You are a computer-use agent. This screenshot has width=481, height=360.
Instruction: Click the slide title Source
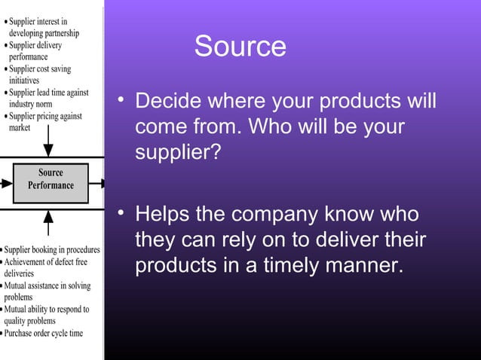point(240,47)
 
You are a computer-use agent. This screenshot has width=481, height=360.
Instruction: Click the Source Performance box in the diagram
point(51,179)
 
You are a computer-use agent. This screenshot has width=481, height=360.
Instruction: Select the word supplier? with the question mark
point(178,153)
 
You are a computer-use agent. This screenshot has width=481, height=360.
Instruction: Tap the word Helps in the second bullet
point(162,216)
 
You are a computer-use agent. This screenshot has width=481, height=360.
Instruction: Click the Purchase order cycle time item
point(44,333)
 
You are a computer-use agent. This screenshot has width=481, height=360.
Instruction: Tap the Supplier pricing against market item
point(45,122)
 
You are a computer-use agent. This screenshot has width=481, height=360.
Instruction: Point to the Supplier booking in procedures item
point(51,249)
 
